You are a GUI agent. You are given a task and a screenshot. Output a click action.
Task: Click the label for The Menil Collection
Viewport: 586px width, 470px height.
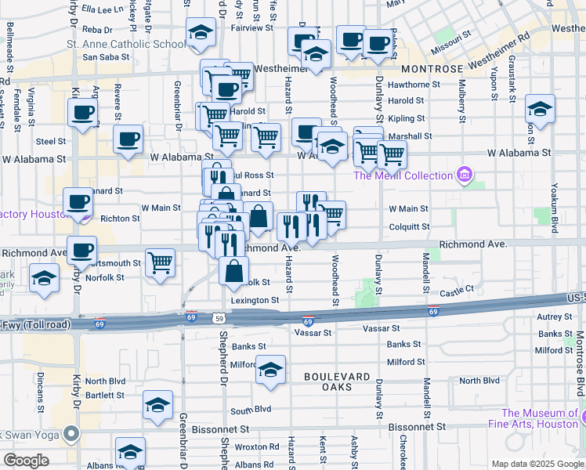[403, 175]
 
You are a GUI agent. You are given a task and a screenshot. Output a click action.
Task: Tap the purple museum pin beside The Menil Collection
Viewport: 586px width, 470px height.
[464, 173]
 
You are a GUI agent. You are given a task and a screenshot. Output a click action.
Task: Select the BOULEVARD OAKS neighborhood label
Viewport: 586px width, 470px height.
[337, 377]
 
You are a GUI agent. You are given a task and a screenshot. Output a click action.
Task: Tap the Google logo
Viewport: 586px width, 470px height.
[27, 461]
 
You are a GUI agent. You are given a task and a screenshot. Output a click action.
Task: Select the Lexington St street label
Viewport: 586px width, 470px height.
[255, 300]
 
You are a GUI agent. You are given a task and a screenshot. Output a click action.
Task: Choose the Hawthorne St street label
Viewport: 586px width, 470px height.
[406, 85]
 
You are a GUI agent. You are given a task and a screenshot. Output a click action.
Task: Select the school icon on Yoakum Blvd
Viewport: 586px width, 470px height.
[540, 107]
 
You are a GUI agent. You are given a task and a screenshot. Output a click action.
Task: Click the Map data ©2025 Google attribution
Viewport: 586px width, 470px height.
[537, 464]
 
